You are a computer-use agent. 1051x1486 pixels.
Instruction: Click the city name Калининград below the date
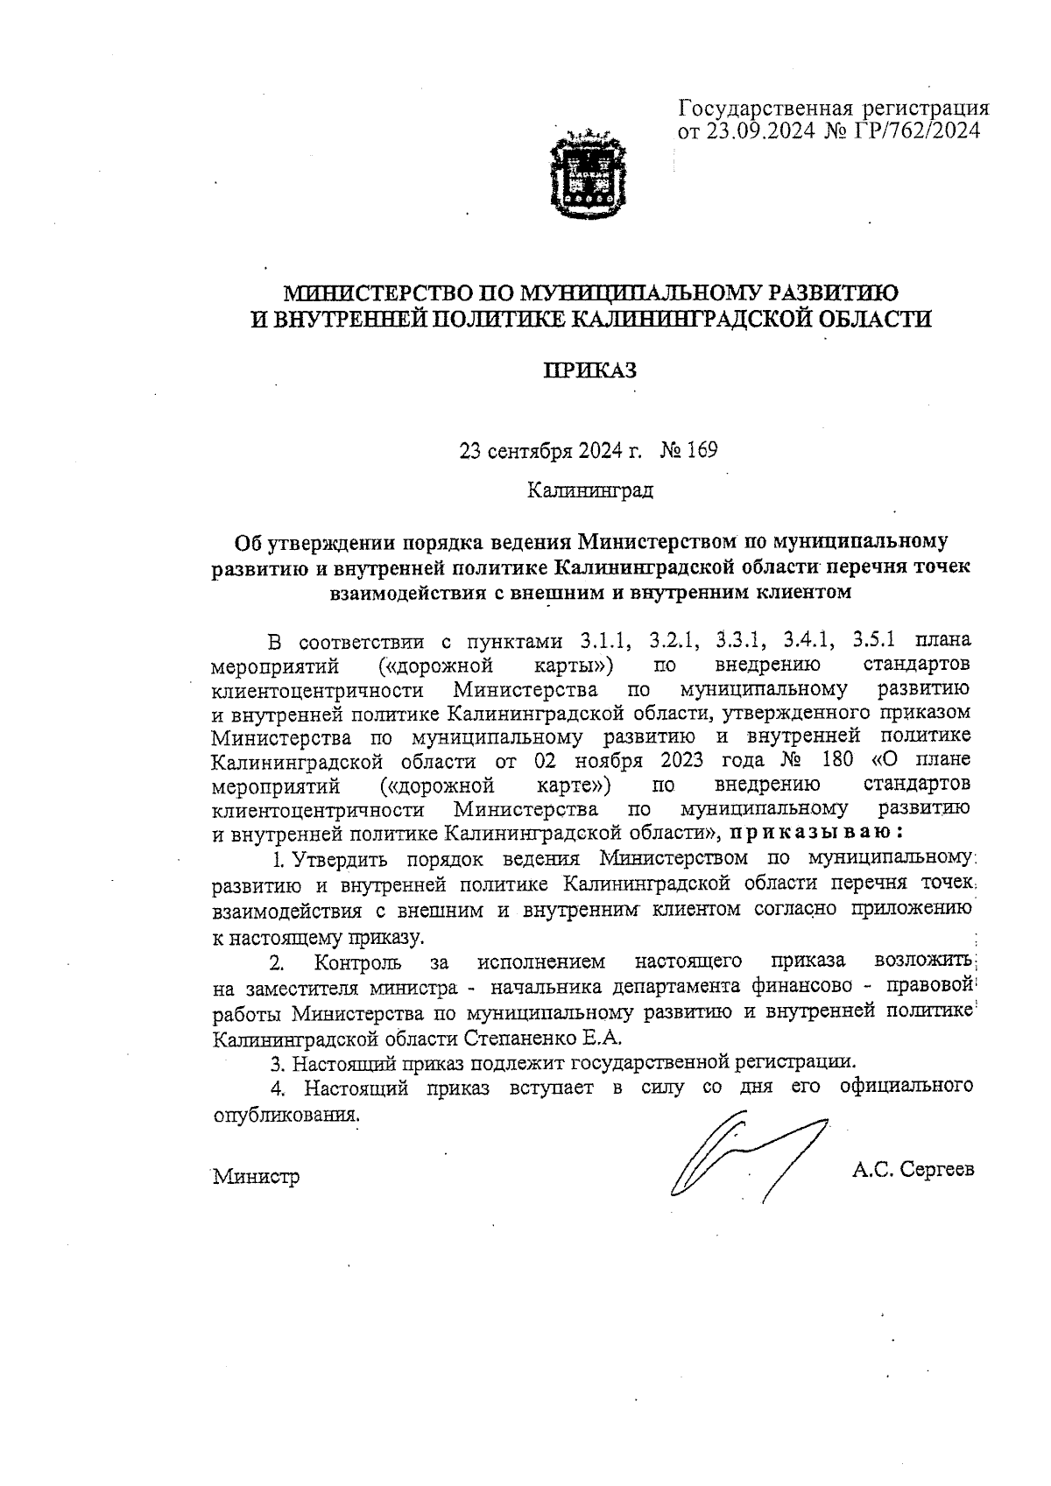click(x=589, y=489)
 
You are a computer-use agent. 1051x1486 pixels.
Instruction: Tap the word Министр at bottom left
click(x=256, y=1177)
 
